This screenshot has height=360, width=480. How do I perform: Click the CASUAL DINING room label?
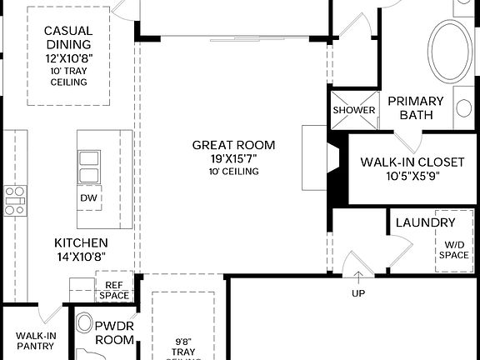point(68,37)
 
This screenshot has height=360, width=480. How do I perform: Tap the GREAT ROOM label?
point(232,145)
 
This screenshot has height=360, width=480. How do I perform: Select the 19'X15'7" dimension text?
point(232,158)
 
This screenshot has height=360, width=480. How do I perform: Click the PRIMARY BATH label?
point(416,107)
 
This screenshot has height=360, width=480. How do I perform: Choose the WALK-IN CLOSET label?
point(412,162)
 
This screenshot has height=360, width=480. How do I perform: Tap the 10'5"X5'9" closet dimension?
point(412,176)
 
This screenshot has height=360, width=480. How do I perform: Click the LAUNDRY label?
point(425,222)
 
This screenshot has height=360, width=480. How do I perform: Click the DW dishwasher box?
point(89,198)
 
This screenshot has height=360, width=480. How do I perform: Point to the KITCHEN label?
point(81,242)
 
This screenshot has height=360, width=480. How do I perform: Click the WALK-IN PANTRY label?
point(36,341)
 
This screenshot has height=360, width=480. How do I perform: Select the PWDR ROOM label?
point(114,333)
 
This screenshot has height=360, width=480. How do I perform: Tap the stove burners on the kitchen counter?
point(14,201)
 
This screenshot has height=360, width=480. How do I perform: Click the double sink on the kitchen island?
point(88,166)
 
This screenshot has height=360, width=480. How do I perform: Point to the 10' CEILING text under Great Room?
point(232,172)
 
